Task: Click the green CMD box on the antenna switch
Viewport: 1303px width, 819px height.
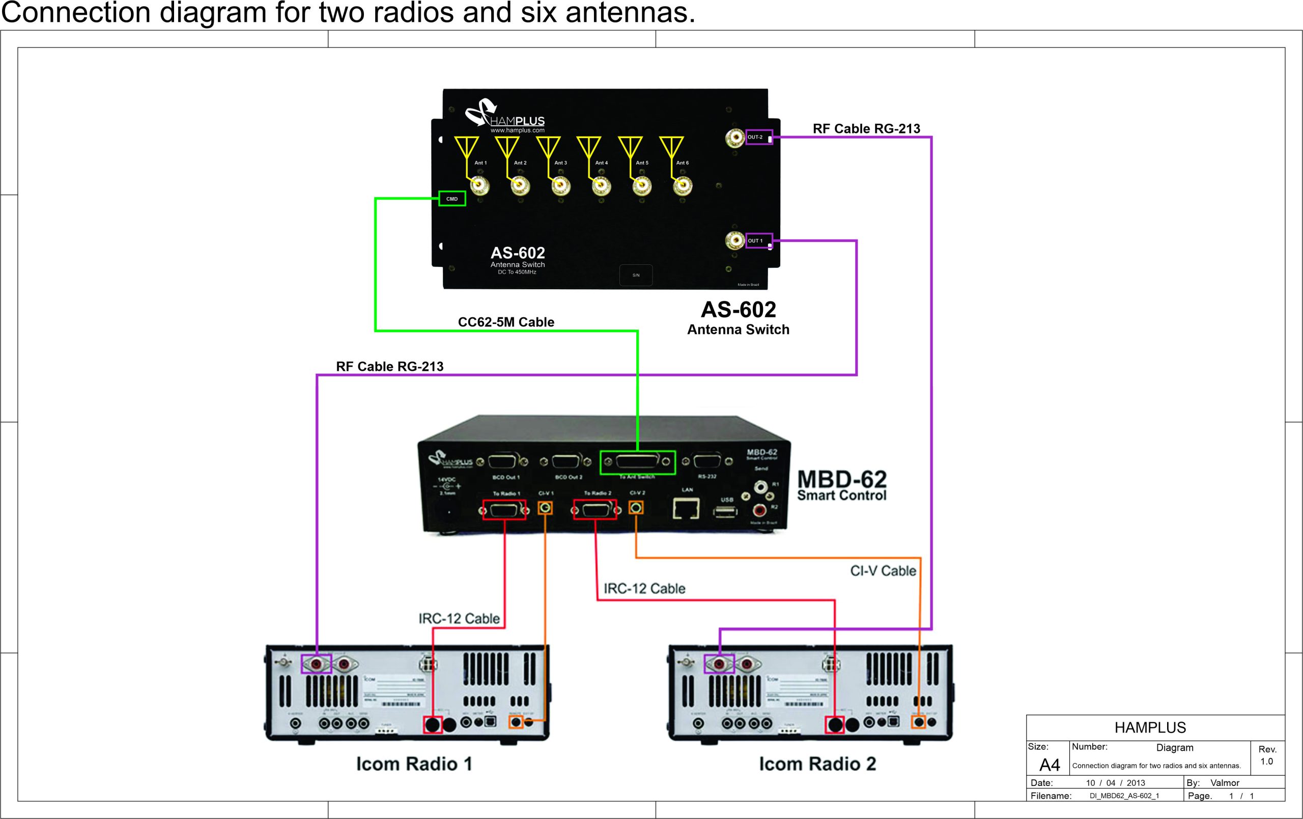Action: (x=452, y=199)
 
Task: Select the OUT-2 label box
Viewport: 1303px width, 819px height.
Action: (x=758, y=137)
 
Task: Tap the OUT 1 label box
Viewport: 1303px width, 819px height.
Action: (x=758, y=240)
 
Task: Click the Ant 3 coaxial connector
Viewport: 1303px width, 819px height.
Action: (x=560, y=186)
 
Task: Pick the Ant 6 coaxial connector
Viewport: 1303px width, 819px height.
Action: (x=683, y=186)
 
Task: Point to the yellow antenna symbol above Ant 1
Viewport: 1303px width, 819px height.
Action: (x=466, y=146)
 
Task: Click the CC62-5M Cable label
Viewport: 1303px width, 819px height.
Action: (x=506, y=322)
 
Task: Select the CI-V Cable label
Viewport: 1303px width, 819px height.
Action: (x=883, y=571)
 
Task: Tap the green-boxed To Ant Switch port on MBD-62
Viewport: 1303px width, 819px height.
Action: (x=637, y=462)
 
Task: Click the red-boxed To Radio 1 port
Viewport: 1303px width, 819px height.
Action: (x=504, y=509)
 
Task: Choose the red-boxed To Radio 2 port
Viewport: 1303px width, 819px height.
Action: (x=594, y=509)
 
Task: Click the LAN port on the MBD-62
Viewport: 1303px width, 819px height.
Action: (x=686, y=508)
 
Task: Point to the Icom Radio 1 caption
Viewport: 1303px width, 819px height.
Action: (x=414, y=764)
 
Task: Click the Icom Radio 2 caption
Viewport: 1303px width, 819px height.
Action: (x=817, y=764)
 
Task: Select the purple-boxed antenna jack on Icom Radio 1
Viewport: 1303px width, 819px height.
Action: (x=316, y=663)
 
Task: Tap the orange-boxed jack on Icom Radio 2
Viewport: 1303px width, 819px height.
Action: (x=919, y=722)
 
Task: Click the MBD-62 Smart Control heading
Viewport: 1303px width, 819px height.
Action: (x=841, y=486)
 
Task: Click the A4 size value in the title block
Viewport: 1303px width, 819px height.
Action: (x=1049, y=765)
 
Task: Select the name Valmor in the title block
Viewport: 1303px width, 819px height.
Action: (x=1225, y=783)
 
